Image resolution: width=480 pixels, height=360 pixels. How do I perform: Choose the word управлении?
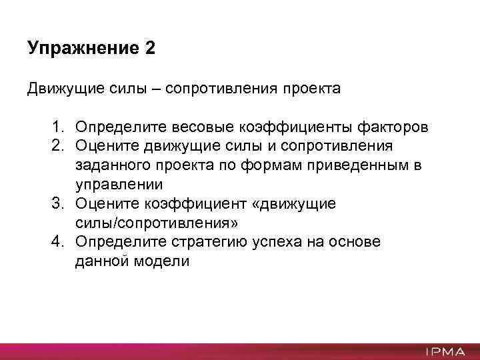pos(119,184)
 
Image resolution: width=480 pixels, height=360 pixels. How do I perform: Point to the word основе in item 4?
pos(355,242)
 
